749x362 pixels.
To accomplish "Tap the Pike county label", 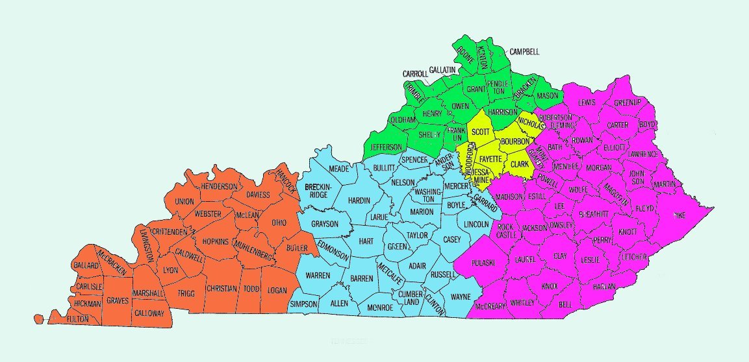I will tap(679, 214).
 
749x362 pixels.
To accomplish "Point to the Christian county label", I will tap(221, 288).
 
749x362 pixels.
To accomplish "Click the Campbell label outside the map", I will tap(524, 52).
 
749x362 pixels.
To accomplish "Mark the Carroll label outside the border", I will tap(415, 74).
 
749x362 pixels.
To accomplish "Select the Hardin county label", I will tap(359, 200).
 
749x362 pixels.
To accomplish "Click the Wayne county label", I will tap(460, 297).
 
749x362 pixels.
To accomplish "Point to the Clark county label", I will tap(519, 164).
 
